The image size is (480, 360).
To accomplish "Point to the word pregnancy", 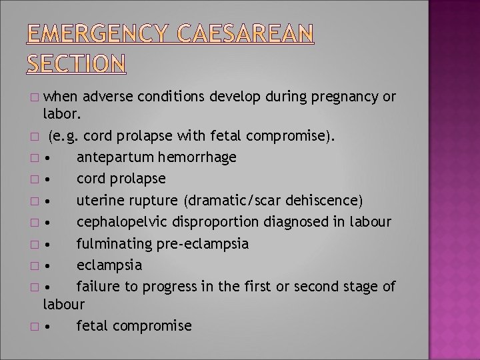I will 344,97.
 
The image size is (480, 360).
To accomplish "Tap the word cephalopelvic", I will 119,222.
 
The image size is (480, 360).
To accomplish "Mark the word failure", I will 95,286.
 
